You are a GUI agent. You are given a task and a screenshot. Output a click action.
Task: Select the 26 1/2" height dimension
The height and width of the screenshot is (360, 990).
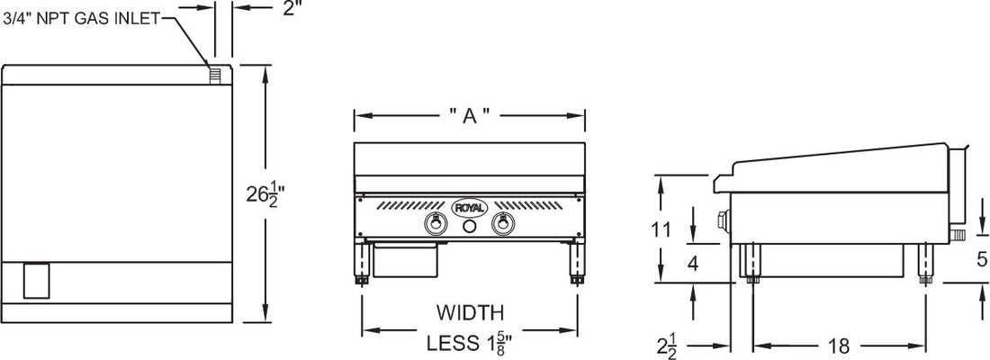click(x=266, y=193)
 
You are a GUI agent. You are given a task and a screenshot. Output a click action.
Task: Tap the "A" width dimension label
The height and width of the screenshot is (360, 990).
click(x=469, y=116)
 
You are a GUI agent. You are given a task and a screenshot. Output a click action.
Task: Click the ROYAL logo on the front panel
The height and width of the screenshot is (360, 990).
click(x=469, y=208)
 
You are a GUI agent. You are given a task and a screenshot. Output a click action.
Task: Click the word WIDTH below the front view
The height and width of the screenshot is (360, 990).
click(x=469, y=313)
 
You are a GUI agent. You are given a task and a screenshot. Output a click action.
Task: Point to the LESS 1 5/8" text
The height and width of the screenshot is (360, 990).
click(x=469, y=342)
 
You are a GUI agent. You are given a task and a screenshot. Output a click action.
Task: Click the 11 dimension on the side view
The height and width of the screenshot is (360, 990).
click(x=661, y=229)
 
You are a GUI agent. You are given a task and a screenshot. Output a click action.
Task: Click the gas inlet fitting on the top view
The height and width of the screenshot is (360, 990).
click(x=215, y=74)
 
